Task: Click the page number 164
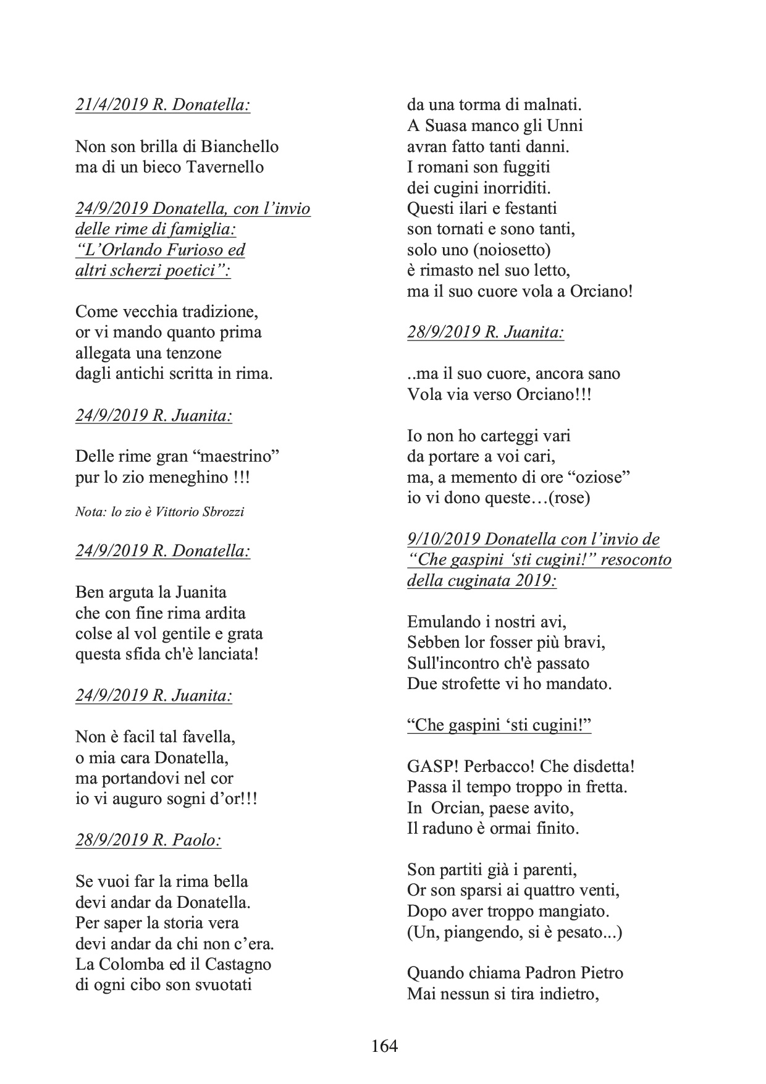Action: click(384, 1046)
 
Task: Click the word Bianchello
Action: click(242, 146)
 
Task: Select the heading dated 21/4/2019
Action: click(162, 105)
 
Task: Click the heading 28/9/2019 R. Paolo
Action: click(148, 840)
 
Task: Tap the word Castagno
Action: click(238, 964)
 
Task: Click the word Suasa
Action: click(445, 126)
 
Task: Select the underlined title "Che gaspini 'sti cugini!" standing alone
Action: click(499, 725)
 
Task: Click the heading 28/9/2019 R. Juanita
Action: click(486, 332)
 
